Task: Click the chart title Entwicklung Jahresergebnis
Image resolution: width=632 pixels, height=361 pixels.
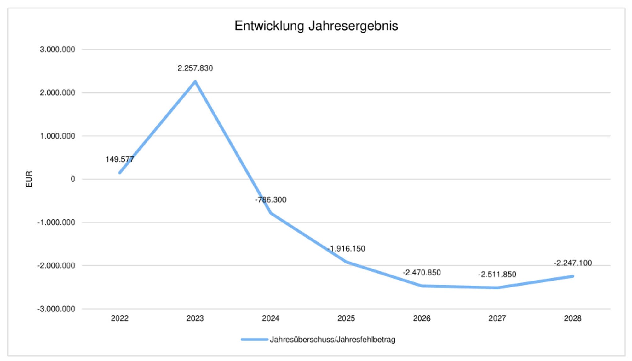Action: (x=316, y=26)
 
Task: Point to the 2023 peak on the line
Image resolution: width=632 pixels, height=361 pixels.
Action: (x=195, y=82)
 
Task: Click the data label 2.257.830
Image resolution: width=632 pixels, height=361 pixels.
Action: (x=195, y=68)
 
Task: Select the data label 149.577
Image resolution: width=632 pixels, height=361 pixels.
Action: (x=119, y=159)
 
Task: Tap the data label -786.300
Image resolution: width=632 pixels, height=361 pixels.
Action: (x=271, y=200)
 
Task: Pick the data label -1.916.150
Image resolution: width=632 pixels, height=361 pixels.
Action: (x=346, y=249)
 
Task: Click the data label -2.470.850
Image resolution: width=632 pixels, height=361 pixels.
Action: (x=422, y=273)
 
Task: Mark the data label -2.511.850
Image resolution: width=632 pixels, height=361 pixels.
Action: (x=497, y=275)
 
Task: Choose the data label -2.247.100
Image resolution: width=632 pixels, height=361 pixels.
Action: (x=573, y=263)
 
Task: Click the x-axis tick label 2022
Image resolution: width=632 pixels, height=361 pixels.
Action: (x=120, y=318)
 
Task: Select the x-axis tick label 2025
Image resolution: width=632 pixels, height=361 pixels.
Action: (x=346, y=318)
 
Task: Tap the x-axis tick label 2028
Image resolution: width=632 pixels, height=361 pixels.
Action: (x=572, y=318)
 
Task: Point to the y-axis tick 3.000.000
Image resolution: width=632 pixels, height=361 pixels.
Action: (x=57, y=50)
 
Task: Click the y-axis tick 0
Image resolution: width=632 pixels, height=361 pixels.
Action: (x=73, y=179)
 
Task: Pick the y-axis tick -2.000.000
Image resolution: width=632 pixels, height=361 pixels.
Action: (x=56, y=266)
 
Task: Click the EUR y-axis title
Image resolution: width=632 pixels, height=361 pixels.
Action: (x=29, y=179)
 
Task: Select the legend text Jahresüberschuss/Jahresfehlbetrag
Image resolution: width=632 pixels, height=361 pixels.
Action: (x=332, y=340)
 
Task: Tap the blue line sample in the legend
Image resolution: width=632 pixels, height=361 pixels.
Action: (x=255, y=340)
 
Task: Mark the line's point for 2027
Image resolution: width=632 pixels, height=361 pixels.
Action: (x=497, y=288)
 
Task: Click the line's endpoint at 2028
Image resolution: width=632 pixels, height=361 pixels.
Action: (x=573, y=276)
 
